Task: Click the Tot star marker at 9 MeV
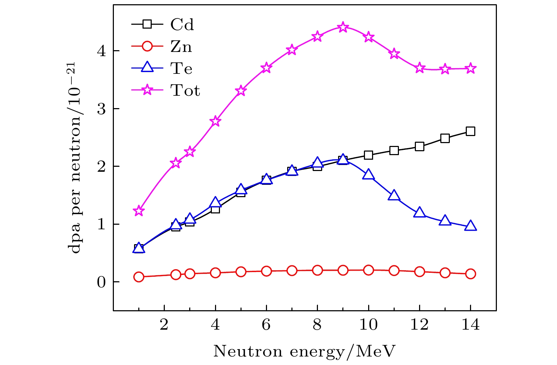[x=343, y=27]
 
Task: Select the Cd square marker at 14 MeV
[x=470, y=131]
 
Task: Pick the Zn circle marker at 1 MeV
[x=139, y=277]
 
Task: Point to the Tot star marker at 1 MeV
[x=139, y=211]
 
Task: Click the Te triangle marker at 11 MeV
[x=394, y=195]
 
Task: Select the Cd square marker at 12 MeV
[x=419, y=146]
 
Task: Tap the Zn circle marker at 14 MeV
[x=470, y=273]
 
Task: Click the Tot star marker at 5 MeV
[x=241, y=90]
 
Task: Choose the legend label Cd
[x=182, y=25]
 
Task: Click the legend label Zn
[x=181, y=47]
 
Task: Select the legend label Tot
[x=185, y=90]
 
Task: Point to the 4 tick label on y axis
[x=101, y=51]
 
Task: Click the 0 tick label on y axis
[x=101, y=282]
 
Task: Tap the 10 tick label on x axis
[x=368, y=324]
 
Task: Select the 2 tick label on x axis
[x=164, y=324]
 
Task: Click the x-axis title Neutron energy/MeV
[x=304, y=351]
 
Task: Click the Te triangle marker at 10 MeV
[x=368, y=174]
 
